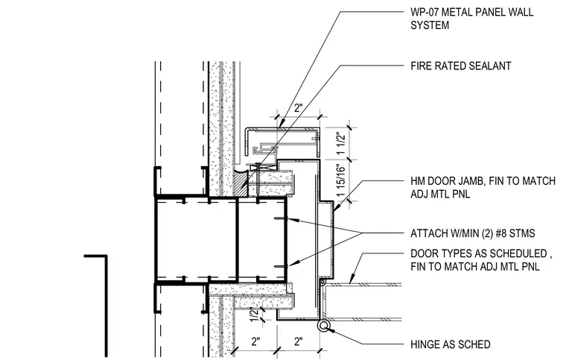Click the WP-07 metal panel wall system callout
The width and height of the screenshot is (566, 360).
471,19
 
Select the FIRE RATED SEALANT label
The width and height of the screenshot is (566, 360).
460,66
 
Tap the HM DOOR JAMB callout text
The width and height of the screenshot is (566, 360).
483,187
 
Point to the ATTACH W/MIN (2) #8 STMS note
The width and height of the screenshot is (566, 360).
472,233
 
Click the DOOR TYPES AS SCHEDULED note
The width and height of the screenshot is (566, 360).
481,260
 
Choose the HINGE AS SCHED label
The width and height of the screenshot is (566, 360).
450,344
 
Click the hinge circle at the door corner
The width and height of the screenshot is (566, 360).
323,326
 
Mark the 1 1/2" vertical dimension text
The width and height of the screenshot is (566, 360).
341,143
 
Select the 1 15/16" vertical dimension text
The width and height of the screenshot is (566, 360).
341,180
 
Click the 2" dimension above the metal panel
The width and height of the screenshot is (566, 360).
298,107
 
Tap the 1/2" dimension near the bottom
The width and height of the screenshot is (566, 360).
255,314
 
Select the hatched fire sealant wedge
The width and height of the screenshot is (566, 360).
241,183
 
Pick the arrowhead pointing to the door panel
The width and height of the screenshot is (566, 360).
352,279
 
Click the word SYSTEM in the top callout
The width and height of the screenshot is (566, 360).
430,25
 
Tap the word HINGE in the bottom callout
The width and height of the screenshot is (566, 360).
423,344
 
